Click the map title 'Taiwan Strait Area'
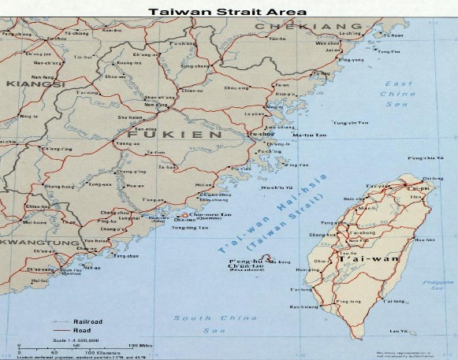pyautogui.click(x=228, y=13)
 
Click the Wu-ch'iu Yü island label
pyautogui.click(x=276, y=187)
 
